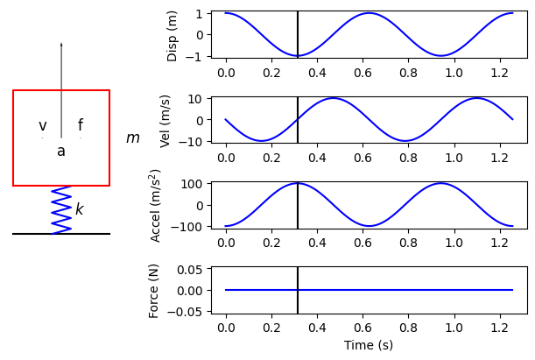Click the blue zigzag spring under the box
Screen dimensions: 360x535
[x=61, y=210]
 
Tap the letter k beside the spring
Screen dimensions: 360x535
[x=79, y=209]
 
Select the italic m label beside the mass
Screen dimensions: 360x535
[x=132, y=138]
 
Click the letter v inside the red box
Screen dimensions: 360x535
[x=42, y=126]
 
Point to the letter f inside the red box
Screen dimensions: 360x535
[x=81, y=126]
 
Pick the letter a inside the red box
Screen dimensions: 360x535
[x=61, y=152]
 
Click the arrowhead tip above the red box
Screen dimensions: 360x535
[x=61, y=43]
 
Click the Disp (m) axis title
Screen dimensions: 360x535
[x=172, y=36]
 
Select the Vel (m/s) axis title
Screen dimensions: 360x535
[x=165, y=121]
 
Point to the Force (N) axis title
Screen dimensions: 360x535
[x=154, y=290]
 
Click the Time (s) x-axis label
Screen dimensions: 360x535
[x=369, y=346]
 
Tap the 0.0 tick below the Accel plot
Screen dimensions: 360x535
[x=226, y=241]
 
